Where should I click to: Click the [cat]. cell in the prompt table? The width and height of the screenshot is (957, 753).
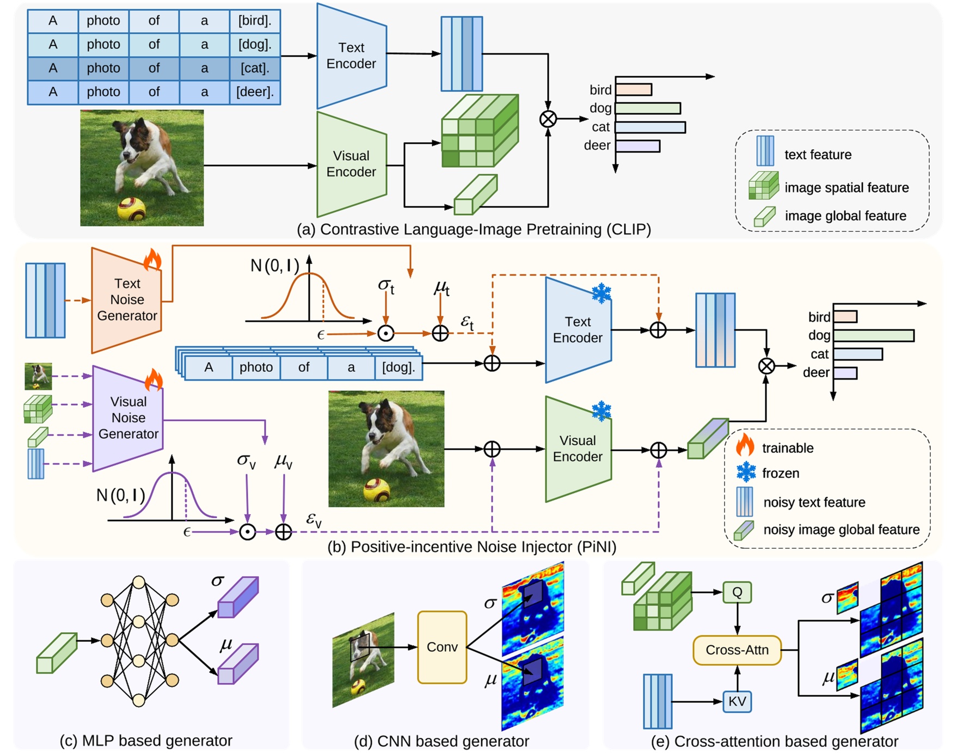255,68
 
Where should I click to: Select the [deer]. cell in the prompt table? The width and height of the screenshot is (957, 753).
255,92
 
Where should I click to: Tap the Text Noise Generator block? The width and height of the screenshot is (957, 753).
127,300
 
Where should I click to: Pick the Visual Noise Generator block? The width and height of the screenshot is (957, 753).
128,418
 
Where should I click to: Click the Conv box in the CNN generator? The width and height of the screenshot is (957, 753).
442,647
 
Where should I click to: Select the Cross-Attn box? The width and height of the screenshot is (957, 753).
737,650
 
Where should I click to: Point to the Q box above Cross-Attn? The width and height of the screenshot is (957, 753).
737,592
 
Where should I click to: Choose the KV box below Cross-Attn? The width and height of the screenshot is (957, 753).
737,701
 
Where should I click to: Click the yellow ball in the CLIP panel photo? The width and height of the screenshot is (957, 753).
132,209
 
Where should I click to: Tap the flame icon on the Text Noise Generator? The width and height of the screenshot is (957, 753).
153,260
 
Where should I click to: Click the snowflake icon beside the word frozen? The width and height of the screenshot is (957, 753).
746,473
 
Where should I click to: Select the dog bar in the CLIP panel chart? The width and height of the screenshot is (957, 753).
648,108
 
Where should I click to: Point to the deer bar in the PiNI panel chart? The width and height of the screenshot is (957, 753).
845,373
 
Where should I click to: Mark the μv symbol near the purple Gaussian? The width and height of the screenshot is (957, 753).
284,461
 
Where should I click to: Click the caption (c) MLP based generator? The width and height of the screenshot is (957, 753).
146,740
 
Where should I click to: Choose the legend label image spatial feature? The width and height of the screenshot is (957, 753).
846,188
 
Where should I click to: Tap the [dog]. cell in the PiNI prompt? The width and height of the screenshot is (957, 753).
398,368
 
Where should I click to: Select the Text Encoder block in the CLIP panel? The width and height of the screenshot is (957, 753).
351,56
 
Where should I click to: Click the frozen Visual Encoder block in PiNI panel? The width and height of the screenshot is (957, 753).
578,449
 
